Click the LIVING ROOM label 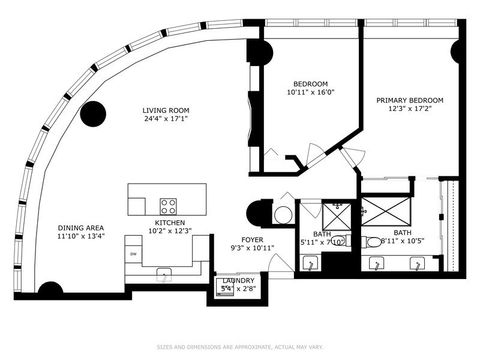(x=166, y=111)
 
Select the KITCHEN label (x=169, y=223)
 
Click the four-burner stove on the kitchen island (x=168, y=208)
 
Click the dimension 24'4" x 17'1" (x=166, y=120)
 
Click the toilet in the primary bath (x=371, y=242)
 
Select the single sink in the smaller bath (x=311, y=264)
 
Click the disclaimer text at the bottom (x=240, y=347)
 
